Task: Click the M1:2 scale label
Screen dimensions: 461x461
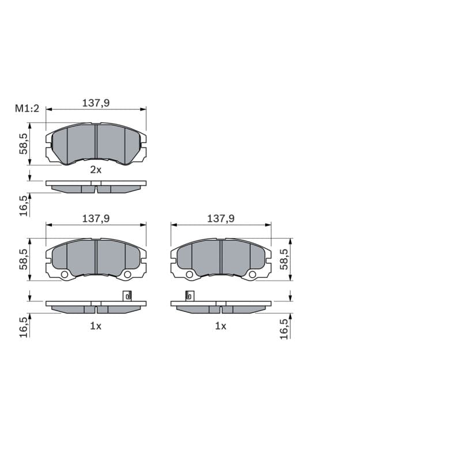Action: point(27,108)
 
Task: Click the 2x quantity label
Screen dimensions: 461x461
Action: point(96,169)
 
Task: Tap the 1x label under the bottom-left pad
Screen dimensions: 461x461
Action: point(96,326)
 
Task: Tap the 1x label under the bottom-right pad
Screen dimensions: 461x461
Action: point(221,326)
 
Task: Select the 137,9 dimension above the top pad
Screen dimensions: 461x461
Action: point(96,103)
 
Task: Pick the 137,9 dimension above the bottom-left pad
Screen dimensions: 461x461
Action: point(96,218)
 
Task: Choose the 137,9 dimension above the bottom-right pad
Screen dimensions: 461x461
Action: point(221,218)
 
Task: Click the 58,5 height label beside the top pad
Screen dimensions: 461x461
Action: point(24,143)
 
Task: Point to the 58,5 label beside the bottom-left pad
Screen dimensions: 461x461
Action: point(24,259)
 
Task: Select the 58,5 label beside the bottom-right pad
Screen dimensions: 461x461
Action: point(284,259)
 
